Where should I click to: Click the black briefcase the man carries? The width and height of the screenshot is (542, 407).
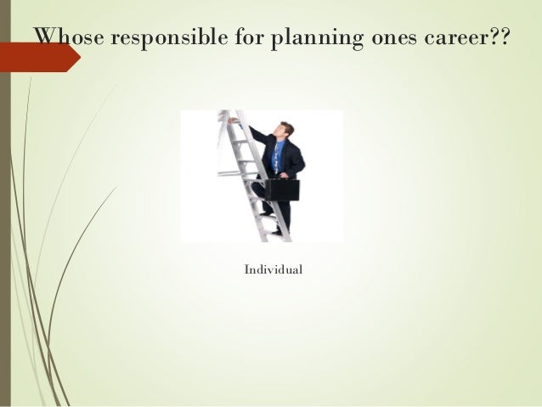point(285,189)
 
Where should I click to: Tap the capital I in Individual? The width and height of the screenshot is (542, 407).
point(246,269)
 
